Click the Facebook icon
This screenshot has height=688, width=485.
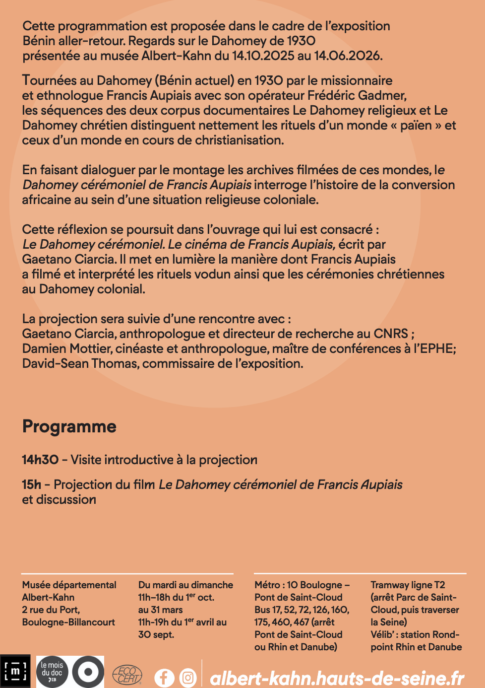click(x=164, y=678)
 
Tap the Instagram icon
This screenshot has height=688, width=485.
click(x=188, y=678)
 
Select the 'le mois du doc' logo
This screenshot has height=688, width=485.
click(x=52, y=672)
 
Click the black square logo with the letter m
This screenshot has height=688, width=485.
click(x=15, y=672)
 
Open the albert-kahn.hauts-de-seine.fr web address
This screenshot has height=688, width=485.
click(x=337, y=678)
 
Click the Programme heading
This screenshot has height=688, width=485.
click(x=69, y=426)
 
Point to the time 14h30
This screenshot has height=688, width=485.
click(x=40, y=460)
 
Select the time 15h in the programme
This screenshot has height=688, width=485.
click(x=31, y=484)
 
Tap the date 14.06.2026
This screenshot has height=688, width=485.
click(x=348, y=56)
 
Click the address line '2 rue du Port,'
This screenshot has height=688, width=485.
click(x=51, y=610)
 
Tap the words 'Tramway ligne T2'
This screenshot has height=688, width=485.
click(x=408, y=585)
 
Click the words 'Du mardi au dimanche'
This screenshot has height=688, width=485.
click(x=185, y=585)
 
